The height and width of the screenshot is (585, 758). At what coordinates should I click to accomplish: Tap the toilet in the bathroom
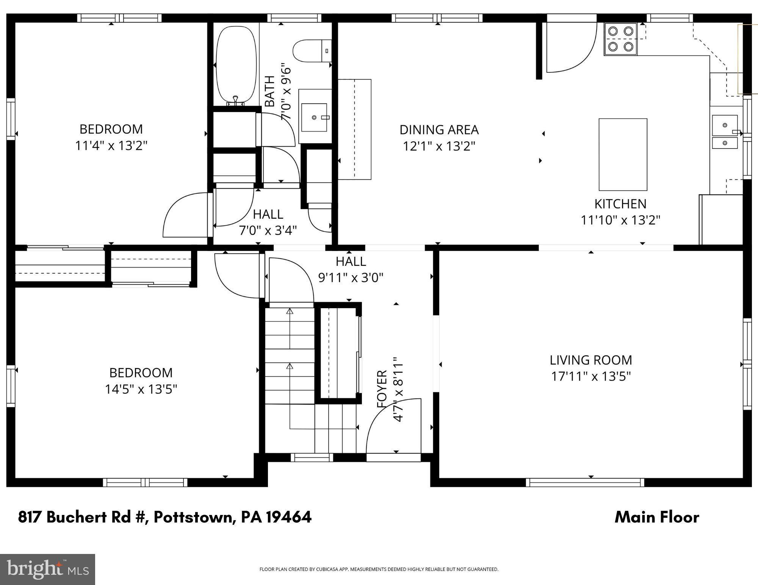(312, 51)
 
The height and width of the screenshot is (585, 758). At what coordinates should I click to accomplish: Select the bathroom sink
(314, 117)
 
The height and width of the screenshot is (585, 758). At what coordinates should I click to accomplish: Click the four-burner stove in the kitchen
(620, 39)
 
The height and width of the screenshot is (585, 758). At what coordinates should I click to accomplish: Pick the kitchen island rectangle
(623, 154)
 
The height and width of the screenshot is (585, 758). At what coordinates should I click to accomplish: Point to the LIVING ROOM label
(590, 360)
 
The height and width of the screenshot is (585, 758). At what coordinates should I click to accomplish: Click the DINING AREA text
(439, 130)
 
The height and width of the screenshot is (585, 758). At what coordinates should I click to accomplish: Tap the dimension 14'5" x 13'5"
(141, 389)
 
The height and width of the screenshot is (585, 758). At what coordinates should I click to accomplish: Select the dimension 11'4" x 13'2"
(111, 145)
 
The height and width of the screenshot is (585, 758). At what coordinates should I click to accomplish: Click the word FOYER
(382, 389)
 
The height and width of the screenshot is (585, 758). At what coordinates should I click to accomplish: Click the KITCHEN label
(620, 204)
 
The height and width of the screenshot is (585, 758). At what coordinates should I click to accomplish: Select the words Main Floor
(656, 517)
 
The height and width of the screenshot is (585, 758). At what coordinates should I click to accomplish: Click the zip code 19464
(289, 517)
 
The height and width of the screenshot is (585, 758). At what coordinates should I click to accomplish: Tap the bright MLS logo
(47, 569)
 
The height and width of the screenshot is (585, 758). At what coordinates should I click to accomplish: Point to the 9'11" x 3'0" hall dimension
(351, 278)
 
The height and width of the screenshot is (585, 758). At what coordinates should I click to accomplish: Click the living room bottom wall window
(585, 482)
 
